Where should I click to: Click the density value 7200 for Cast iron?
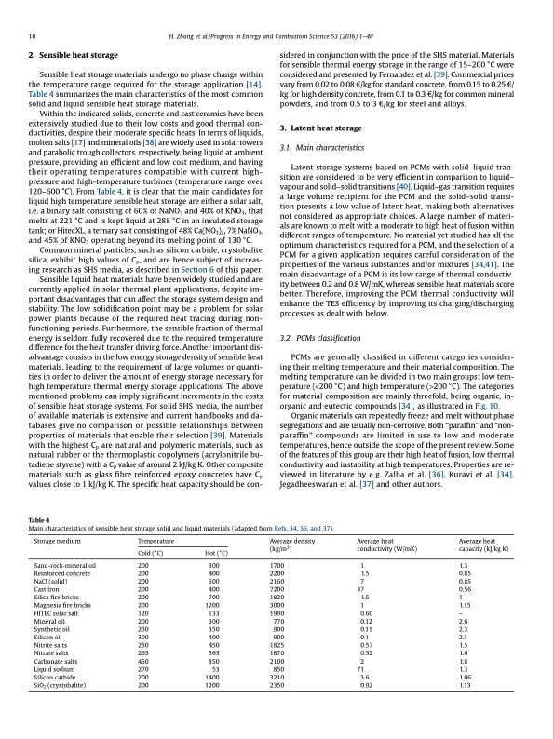[277, 589]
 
